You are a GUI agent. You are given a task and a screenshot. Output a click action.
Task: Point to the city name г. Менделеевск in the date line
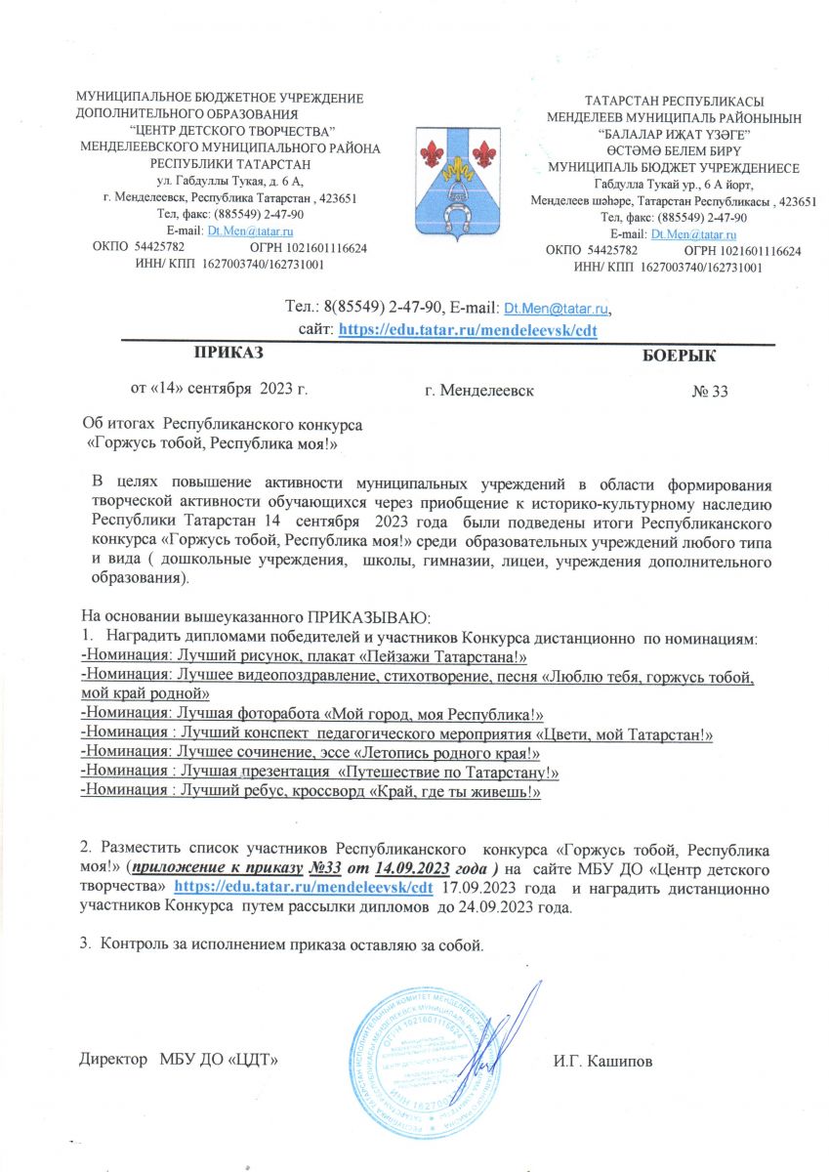coord(479,392)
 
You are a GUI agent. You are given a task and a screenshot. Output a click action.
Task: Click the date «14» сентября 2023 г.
coord(220,390)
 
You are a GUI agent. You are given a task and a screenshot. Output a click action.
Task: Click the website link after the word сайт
coord(467,330)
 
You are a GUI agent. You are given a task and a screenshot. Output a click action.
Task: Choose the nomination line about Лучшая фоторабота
coord(311,715)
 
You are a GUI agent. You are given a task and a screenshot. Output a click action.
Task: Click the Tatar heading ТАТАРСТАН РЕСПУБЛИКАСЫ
coord(673,101)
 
